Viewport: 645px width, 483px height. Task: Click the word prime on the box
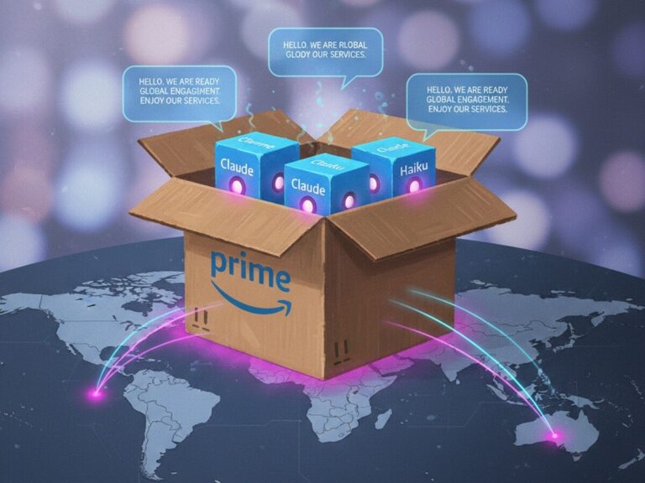(x=250, y=266)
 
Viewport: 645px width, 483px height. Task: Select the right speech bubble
(x=465, y=100)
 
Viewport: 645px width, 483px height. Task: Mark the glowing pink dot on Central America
(x=99, y=389)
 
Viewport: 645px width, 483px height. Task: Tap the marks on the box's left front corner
(x=200, y=318)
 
